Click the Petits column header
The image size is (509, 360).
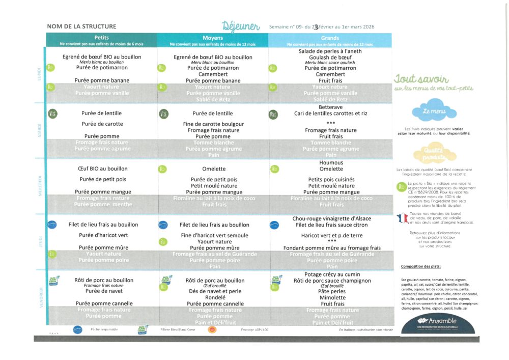pos(101,38)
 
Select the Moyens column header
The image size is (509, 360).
pos(213,38)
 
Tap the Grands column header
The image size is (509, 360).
pos(330,38)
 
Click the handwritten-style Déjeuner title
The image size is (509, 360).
pos(241,26)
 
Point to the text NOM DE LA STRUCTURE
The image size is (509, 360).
pos(81,26)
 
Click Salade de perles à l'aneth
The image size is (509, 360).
pos(330,51)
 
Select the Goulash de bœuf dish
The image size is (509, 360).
pos(330,58)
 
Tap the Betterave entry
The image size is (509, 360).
pos(330,107)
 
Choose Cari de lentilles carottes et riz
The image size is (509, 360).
pos(330,114)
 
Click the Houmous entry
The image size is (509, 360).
pos(331,162)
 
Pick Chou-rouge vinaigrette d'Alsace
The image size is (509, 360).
pos(331,218)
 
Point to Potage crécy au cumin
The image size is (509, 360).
pos(331,274)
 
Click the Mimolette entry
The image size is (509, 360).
pos(331,298)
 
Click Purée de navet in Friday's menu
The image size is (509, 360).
pos(101,291)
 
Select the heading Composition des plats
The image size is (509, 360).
pos(420,266)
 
